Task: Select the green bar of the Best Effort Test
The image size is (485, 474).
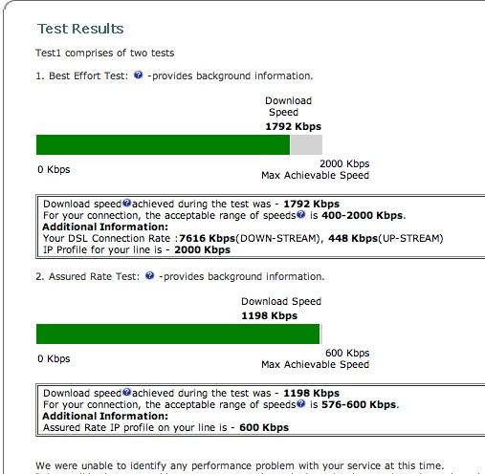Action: [163, 144]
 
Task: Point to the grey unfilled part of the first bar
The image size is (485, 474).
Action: [306, 144]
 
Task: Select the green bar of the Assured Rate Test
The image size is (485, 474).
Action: [177, 334]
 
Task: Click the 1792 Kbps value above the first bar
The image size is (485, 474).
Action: [293, 125]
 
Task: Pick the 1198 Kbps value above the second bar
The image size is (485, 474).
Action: [269, 314]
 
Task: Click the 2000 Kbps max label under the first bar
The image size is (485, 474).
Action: [343, 164]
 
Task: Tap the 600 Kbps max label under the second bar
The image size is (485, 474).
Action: [347, 354]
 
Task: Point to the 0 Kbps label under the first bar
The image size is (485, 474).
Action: [53, 170]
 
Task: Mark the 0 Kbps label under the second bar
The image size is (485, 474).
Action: [53, 359]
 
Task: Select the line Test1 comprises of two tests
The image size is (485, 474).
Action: [105, 53]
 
